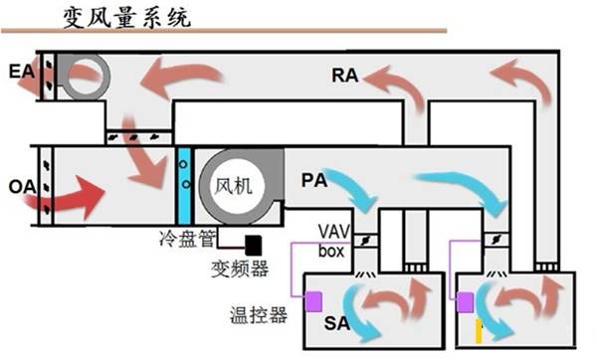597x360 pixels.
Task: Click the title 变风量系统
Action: (127, 18)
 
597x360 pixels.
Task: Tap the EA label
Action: (19, 72)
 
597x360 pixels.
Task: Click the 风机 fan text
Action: (236, 186)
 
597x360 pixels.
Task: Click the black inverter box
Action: (255, 244)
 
